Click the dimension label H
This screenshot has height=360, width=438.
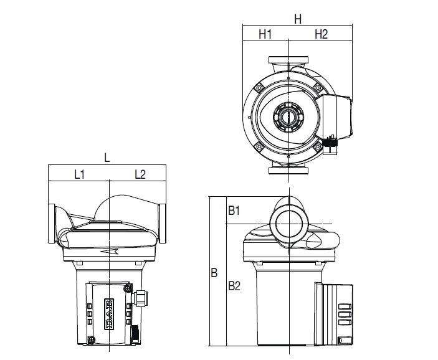[298, 19]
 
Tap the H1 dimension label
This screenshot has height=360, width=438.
[265, 34]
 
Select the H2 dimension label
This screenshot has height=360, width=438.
[321, 34]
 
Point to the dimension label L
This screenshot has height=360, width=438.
[107, 158]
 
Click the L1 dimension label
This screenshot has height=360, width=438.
[79, 174]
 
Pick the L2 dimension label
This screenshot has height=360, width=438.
[140, 174]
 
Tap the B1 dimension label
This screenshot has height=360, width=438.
[234, 211]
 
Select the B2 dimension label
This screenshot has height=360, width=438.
[234, 286]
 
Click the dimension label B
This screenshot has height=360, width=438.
[214, 273]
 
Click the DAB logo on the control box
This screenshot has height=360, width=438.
[109, 314]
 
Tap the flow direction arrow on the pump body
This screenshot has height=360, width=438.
[110, 252]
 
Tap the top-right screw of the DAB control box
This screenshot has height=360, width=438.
[128, 288]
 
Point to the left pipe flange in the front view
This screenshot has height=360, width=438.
[52, 224]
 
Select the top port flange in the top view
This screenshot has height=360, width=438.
[288, 60]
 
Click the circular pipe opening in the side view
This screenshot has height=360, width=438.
[289, 224]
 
